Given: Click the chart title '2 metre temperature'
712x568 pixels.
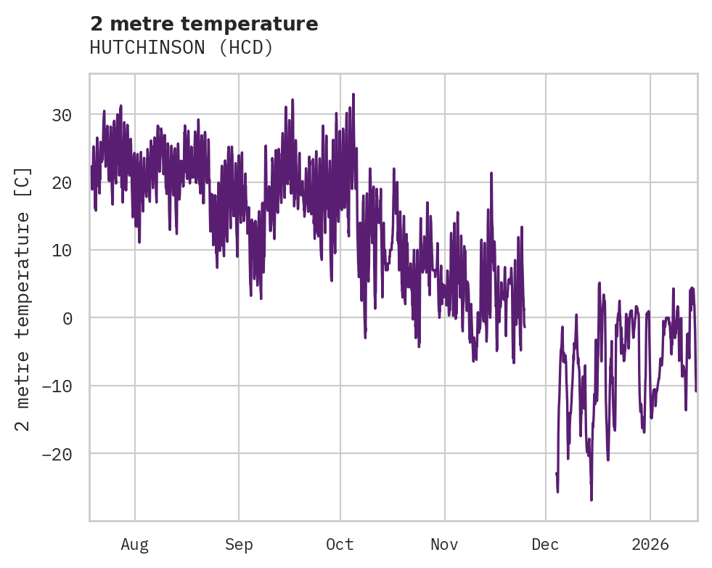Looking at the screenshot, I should point(204,24).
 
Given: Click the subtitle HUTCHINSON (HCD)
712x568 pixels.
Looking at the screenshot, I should point(181,48).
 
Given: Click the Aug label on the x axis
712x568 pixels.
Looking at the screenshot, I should point(134,545).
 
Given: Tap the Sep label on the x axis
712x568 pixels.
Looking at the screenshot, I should point(239,545).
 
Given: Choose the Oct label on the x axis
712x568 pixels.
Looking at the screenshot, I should point(340,545).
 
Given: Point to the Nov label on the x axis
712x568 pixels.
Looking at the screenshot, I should point(444,545).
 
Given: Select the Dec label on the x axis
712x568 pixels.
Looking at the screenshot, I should point(545,545).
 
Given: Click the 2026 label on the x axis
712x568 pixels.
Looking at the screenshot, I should point(650,545).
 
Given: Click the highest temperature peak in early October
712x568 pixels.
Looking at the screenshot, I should point(353,94).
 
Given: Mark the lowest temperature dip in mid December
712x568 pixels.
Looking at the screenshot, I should point(592,500).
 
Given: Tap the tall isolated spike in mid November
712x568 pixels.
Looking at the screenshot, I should point(491,174).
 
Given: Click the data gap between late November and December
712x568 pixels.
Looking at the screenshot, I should point(540,327).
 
